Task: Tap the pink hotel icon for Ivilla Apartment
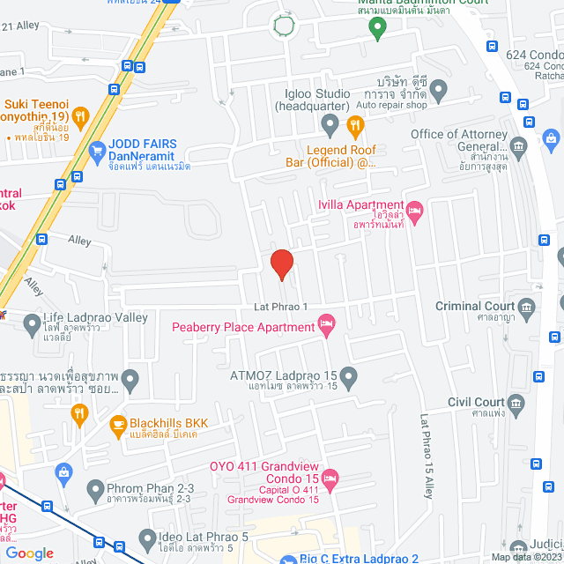pyautogui.click(x=415, y=210)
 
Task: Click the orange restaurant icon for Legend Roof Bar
pyautogui.click(x=355, y=126)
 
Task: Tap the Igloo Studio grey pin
pyautogui.click(x=330, y=126)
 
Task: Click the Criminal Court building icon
pyautogui.click(x=528, y=307)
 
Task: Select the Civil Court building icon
pyautogui.click(x=517, y=404)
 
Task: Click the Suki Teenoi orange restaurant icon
pyautogui.click(x=81, y=115)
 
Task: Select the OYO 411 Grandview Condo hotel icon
pyautogui.click(x=331, y=479)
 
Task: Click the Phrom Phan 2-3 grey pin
pyautogui.click(x=95, y=487)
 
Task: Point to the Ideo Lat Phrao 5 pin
pyautogui.click(x=147, y=537)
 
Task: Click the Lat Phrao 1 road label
pyautogui.click(x=279, y=307)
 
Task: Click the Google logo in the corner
pyautogui.click(x=29, y=553)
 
